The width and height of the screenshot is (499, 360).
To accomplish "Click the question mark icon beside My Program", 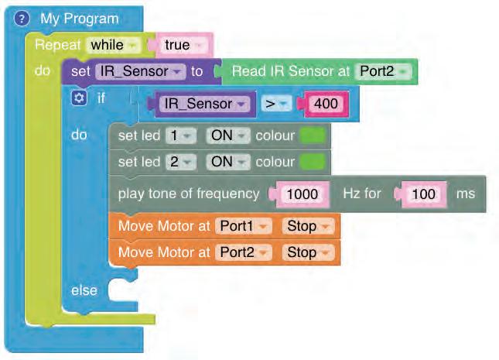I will click(22, 19).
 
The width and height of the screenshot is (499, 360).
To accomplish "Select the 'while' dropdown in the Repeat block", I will click(112, 45).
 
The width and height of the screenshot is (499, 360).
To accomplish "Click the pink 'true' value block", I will click(182, 45).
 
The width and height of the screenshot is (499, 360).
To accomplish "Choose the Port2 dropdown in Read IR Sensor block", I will click(384, 70).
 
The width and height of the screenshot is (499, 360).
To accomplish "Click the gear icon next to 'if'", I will click(77, 98).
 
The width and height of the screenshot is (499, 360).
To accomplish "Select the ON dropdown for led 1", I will click(227, 135).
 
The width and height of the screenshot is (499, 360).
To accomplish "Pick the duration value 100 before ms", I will click(423, 194).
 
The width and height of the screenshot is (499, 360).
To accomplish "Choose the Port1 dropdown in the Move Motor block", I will click(244, 227).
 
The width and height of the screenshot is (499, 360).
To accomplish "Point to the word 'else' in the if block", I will click(84, 290).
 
